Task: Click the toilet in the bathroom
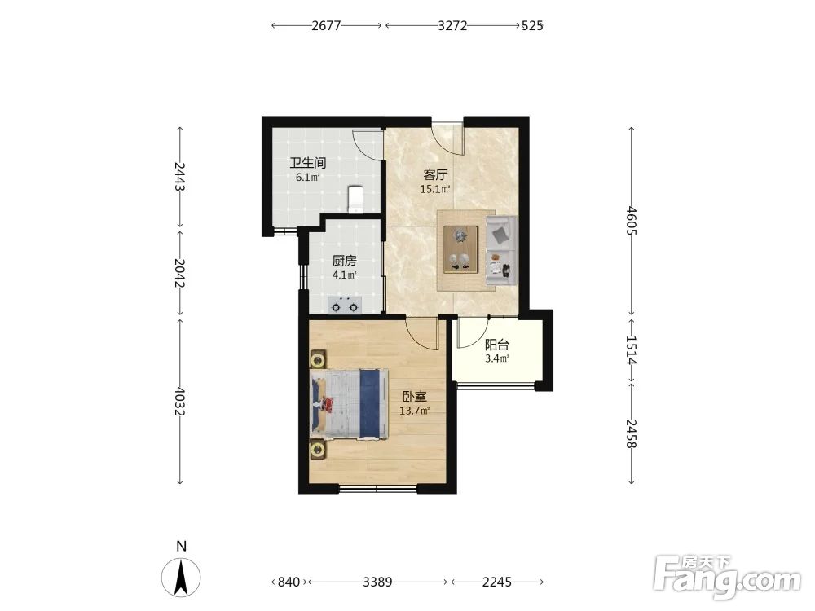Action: pyautogui.click(x=355, y=199)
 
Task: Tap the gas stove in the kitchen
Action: pyautogui.click(x=345, y=306)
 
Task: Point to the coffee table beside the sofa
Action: pyautogui.click(x=461, y=248)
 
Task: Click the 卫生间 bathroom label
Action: pyautogui.click(x=308, y=163)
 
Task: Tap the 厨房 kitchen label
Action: pyautogui.click(x=345, y=261)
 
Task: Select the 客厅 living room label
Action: pyautogui.click(x=435, y=174)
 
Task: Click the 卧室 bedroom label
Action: pyautogui.click(x=415, y=397)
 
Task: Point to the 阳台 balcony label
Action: pyautogui.click(x=497, y=345)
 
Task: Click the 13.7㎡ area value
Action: pyautogui.click(x=414, y=411)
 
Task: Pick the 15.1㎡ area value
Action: pyautogui.click(x=435, y=189)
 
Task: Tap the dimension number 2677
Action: pyautogui.click(x=327, y=25)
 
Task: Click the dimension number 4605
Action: pyautogui.click(x=631, y=220)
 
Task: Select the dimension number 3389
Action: pyautogui.click(x=377, y=582)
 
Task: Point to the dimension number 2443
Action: pyautogui.click(x=180, y=177)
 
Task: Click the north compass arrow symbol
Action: pyautogui.click(x=181, y=577)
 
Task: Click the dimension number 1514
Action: pyautogui.click(x=631, y=350)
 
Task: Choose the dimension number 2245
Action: pyautogui.click(x=497, y=582)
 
